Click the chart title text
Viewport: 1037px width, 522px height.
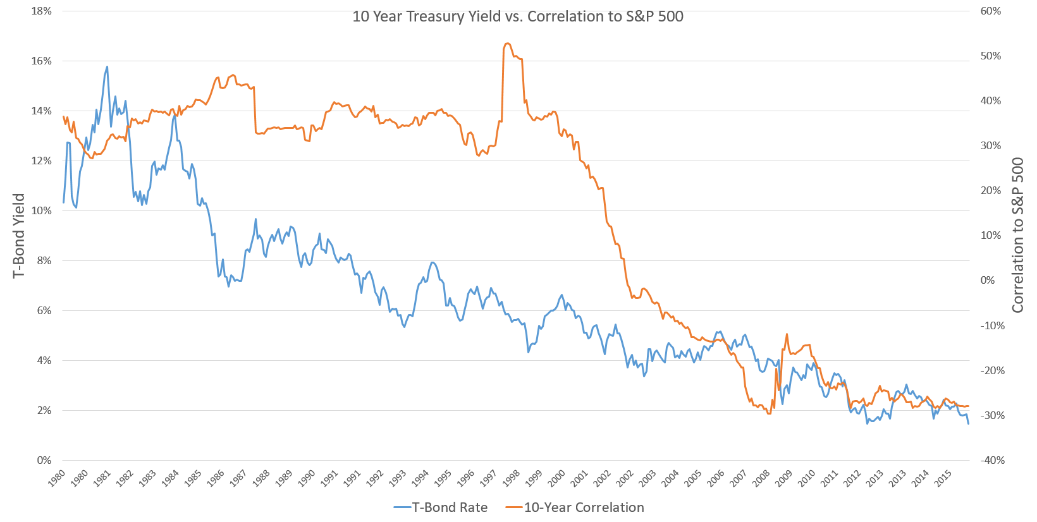[x=517, y=16]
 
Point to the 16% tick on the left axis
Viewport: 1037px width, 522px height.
[x=41, y=61]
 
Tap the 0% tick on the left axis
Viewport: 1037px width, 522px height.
[x=44, y=461]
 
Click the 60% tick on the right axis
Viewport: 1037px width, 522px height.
[x=991, y=11]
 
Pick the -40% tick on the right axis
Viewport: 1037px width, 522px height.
[x=992, y=461]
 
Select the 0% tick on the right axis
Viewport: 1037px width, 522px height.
[x=988, y=281]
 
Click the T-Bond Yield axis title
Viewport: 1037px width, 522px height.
[x=19, y=236]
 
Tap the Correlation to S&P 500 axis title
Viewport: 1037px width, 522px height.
[x=1017, y=236]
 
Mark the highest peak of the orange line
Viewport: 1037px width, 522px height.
[x=508, y=43]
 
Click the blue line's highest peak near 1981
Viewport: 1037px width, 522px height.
[x=107, y=66]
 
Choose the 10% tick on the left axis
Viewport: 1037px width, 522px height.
[x=41, y=211]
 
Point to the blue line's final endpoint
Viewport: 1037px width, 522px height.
[x=968, y=423]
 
